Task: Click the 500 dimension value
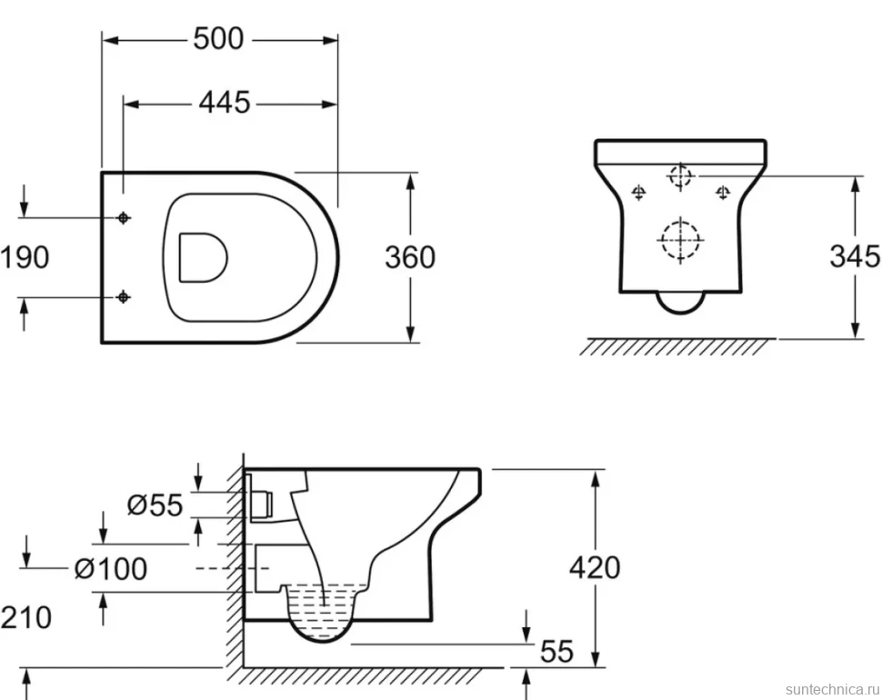click(219, 39)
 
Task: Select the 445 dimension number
click(225, 103)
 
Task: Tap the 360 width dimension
click(410, 257)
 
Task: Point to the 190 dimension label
click(25, 257)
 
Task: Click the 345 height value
click(855, 256)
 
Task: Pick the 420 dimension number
click(595, 567)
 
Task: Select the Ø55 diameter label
click(155, 505)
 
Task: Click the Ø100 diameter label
click(111, 568)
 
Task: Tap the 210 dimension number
click(25, 617)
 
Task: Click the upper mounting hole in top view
click(123, 217)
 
